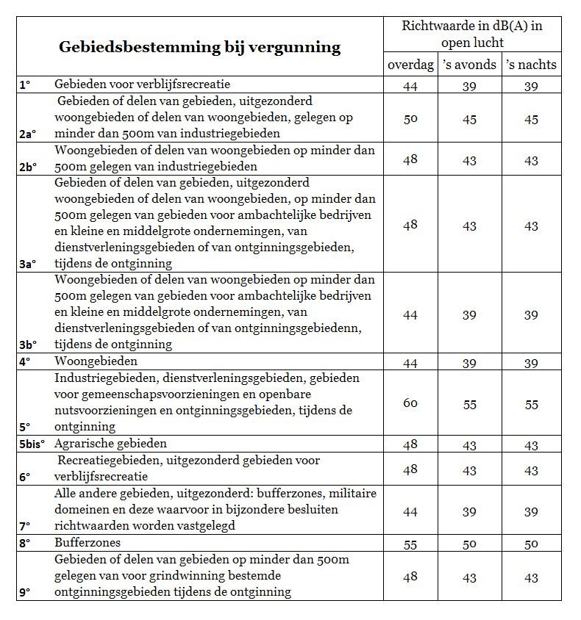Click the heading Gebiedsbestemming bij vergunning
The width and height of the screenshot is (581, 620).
pyautogui.click(x=199, y=48)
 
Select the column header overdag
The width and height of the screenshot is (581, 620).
pyautogui.click(x=410, y=65)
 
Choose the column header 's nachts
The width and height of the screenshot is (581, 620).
pyautogui.click(x=531, y=65)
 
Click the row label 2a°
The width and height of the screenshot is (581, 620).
pyautogui.click(x=27, y=134)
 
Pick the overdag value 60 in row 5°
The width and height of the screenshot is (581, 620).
pyautogui.click(x=410, y=403)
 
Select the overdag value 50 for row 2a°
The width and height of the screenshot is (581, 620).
pyautogui.click(x=410, y=119)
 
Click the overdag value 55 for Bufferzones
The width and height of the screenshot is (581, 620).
pyautogui.click(x=410, y=544)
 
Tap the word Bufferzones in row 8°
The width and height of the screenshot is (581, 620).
pyautogui.click(x=88, y=543)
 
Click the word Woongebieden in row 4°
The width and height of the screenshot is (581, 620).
pyautogui.click(x=96, y=362)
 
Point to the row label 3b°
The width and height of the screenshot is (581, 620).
pyautogui.click(x=27, y=344)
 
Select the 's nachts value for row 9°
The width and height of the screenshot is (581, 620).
pyautogui.click(x=531, y=578)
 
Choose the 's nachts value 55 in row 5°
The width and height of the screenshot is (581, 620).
pyautogui.click(x=531, y=404)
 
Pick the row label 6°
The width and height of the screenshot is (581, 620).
pyautogui.click(x=24, y=476)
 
